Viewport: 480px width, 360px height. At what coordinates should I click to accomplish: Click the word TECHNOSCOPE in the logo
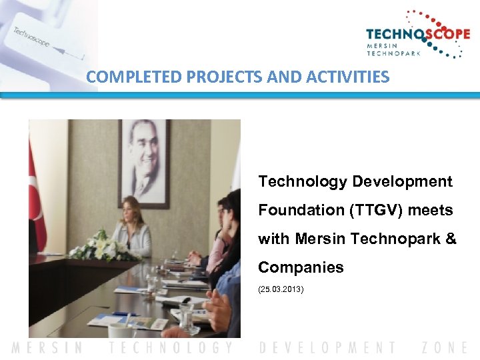coord(417,35)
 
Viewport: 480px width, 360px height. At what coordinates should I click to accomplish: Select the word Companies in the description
coord(301,267)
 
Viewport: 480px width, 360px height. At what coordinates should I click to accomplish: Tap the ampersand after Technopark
coord(450,239)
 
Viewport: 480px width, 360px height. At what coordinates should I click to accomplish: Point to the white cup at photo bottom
coord(121,331)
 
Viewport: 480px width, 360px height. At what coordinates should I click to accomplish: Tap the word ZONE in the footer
coord(445,347)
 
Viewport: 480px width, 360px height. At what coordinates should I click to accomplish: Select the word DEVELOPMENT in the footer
coord(327,347)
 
